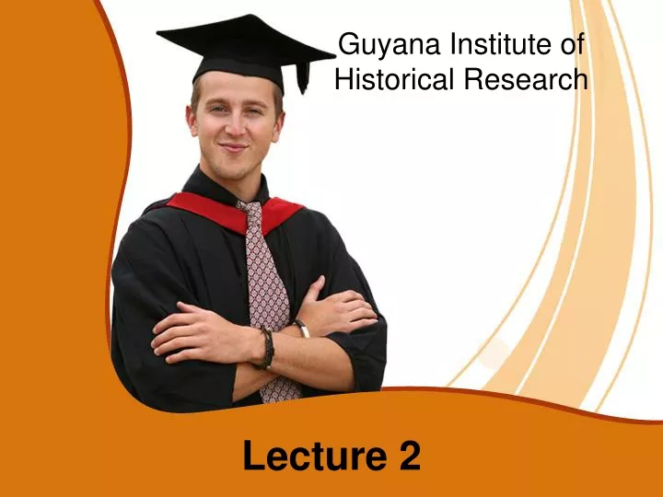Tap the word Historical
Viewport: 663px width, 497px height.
pyautogui.click(x=394, y=78)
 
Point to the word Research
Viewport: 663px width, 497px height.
pyautogui.click(x=526, y=78)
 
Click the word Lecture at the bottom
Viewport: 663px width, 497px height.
pyautogui.click(x=315, y=456)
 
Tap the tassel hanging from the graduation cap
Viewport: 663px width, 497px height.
pyautogui.click(x=303, y=77)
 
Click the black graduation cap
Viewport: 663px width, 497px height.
pyautogui.click(x=245, y=51)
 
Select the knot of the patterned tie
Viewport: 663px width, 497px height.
pyautogui.click(x=251, y=207)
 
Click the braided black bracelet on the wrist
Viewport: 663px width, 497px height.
pyautogui.click(x=267, y=348)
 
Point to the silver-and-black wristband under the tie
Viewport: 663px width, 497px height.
pyautogui.click(x=302, y=328)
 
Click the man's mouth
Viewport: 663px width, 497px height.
pyautogui.click(x=233, y=147)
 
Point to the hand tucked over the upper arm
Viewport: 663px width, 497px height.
pyautogui.click(x=335, y=306)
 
